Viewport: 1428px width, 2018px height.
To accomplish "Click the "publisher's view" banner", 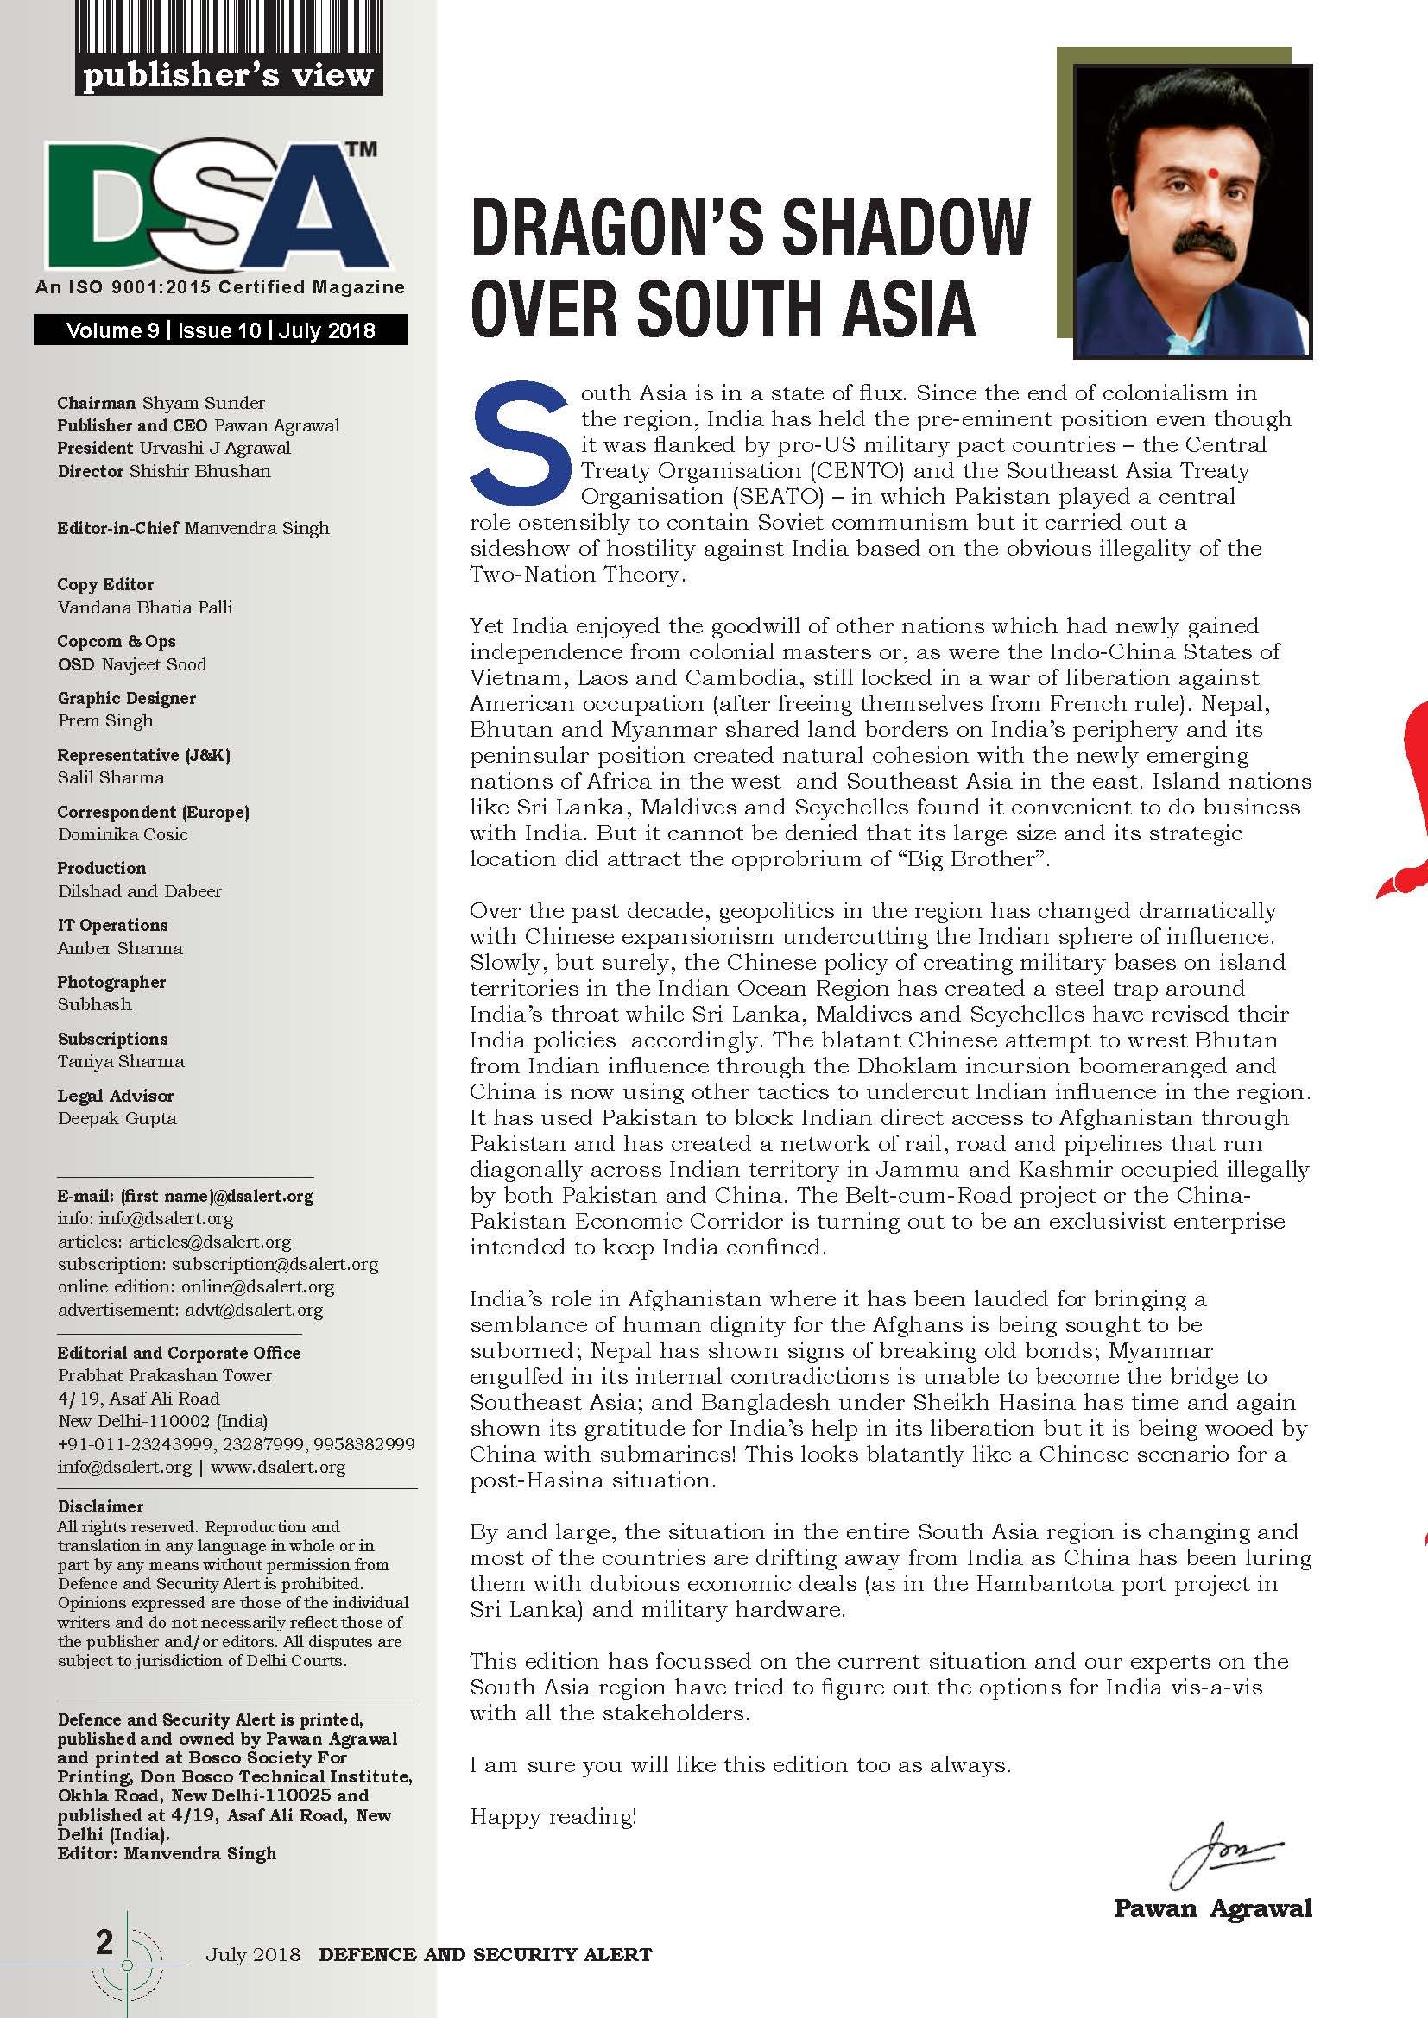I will coord(228,77).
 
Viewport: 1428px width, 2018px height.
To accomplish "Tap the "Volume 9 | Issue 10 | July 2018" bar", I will coord(221,330).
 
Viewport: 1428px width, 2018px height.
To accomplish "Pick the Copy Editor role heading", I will coord(105,584).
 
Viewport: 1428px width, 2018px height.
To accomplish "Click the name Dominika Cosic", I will coord(123,834).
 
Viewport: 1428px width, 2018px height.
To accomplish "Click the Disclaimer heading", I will coord(100,1506).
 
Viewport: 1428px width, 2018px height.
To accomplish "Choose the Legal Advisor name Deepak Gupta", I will coord(117,1118).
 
